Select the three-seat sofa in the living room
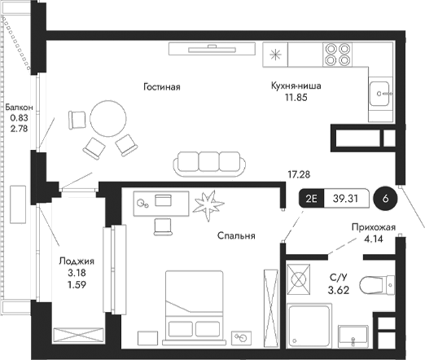(209, 162)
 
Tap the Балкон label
(19, 108)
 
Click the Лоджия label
(77, 261)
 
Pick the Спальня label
(237, 236)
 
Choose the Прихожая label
(374, 228)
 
